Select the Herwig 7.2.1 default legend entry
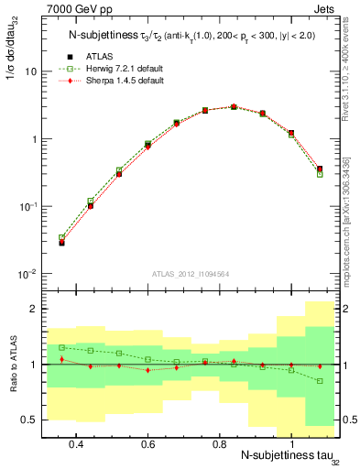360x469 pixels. pos(118,69)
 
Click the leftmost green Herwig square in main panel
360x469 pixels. pos(61,238)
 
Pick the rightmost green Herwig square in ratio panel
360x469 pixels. pos(320,380)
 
